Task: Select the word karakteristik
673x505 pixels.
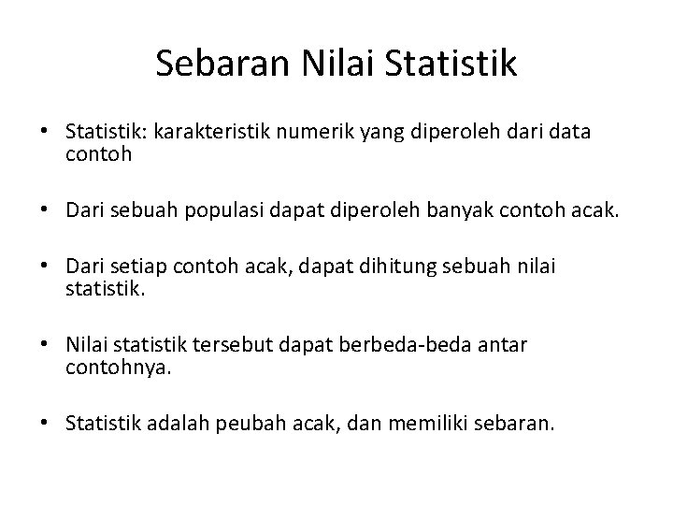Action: pos(214,133)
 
